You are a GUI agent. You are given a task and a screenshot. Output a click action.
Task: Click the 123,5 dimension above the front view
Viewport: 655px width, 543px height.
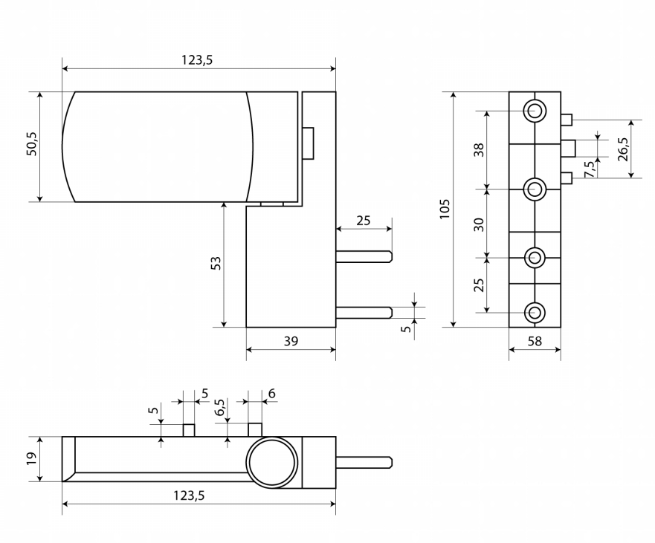(197, 60)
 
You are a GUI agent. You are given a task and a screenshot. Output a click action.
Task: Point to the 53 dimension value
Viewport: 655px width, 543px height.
(216, 263)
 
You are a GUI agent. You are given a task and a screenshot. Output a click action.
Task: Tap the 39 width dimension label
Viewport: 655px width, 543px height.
(291, 341)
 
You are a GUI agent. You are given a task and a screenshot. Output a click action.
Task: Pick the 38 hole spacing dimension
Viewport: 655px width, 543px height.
(480, 149)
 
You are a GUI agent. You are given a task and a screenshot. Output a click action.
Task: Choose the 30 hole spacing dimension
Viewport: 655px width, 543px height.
(480, 224)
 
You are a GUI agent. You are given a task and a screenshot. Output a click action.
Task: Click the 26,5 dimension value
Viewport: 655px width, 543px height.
(623, 149)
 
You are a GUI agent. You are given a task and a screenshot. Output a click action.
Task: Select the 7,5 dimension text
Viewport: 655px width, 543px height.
(589, 169)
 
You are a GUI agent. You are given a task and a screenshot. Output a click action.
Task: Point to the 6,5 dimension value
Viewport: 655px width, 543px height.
(219, 409)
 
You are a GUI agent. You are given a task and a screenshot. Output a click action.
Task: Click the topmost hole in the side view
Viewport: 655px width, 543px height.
(534, 111)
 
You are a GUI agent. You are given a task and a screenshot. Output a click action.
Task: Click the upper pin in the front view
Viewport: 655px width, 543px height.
(364, 256)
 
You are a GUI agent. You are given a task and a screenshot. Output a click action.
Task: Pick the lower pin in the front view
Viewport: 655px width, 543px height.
(364, 312)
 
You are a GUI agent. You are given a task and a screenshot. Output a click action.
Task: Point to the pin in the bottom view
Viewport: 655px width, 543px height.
(364, 462)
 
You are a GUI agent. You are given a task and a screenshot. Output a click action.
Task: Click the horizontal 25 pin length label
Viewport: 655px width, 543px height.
(364, 221)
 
